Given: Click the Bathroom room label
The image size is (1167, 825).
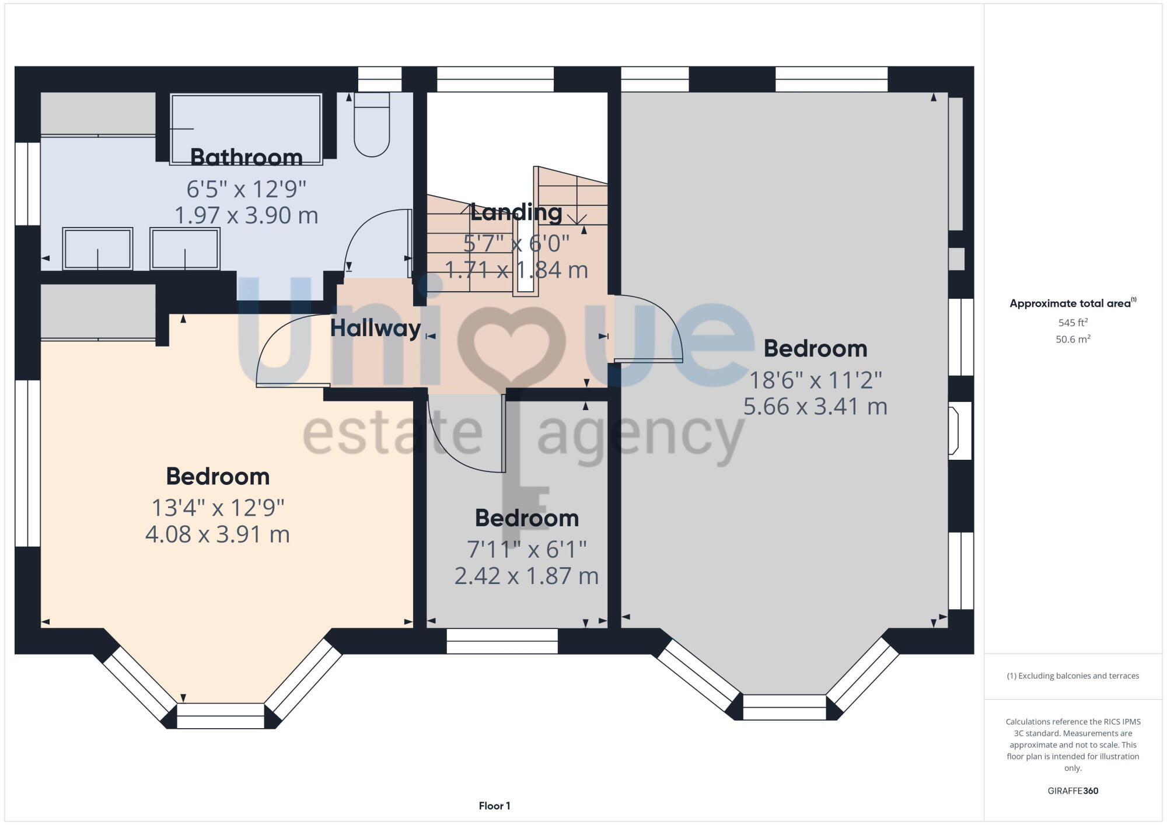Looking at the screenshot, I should click(246, 158).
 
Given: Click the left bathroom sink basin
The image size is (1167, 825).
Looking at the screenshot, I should click(97, 249).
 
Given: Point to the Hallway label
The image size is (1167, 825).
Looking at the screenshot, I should click(375, 328).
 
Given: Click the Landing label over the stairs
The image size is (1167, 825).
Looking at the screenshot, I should click(516, 212).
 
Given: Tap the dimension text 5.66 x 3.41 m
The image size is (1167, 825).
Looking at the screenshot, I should click(815, 407).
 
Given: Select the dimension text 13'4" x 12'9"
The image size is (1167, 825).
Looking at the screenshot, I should click(218, 508).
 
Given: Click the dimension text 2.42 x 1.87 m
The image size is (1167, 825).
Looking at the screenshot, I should click(526, 576).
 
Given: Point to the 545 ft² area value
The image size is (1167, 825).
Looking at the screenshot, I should click(1072, 323).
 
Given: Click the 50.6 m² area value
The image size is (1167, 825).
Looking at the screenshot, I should click(1072, 340).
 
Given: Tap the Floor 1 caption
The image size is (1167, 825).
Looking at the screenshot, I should click(494, 806).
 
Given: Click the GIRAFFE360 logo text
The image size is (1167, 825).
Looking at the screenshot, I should click(1072, 791).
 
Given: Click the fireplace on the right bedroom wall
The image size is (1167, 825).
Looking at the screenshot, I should click(958, 431).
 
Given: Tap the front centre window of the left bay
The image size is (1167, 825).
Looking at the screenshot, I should click(221, 716).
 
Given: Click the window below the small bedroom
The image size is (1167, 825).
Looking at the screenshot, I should click(502, 641).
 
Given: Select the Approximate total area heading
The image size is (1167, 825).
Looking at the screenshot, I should click(1072, 303).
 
